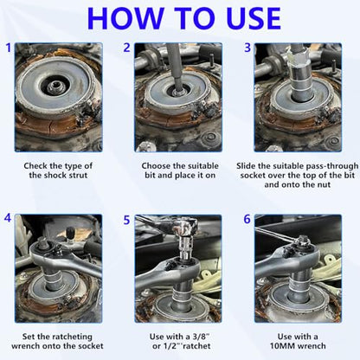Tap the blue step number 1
(9, 48)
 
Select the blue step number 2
(127, 48)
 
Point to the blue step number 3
(247, 48)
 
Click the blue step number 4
(8, 218)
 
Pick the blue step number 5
(127, 220)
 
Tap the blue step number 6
(247, 219)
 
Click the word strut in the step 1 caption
(77, 176)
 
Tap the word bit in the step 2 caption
(151, 176)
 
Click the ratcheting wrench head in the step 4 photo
(46, 249)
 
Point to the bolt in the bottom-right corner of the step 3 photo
(334, 141)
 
